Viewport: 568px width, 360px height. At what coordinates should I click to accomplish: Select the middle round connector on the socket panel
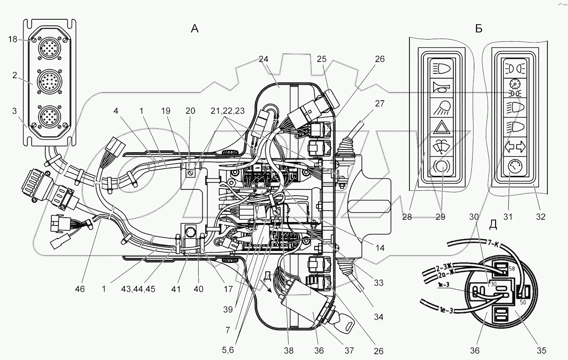[48, 81]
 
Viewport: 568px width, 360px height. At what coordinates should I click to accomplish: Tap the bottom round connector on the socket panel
[48, 116]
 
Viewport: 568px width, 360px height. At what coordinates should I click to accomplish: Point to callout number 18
[12, 40]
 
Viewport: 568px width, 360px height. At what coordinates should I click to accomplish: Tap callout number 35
[542, 350]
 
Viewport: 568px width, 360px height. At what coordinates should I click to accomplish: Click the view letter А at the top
[195, 29]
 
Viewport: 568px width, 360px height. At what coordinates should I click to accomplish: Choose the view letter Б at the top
[479, 29]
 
